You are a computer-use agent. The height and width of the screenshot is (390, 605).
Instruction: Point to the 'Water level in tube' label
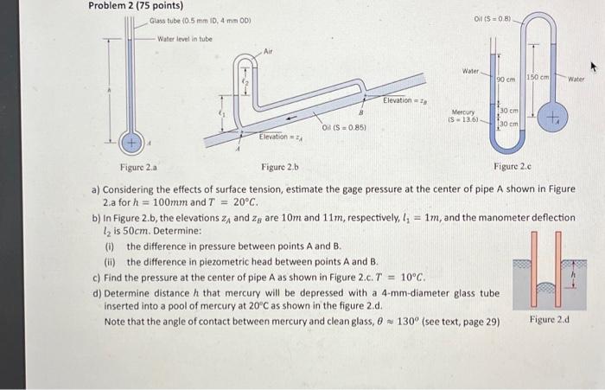(x=185, y=39)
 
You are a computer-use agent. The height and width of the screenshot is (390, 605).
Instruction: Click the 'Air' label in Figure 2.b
(x=268, y=53)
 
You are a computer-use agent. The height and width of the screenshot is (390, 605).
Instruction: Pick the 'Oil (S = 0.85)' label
(x=341, y=128)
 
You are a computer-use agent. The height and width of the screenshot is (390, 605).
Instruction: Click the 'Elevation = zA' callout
(x=281, y=137)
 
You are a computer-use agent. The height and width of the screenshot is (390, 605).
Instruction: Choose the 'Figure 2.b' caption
(x=279, y=166)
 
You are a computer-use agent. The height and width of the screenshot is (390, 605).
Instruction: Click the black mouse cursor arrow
(x=593, y=67)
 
